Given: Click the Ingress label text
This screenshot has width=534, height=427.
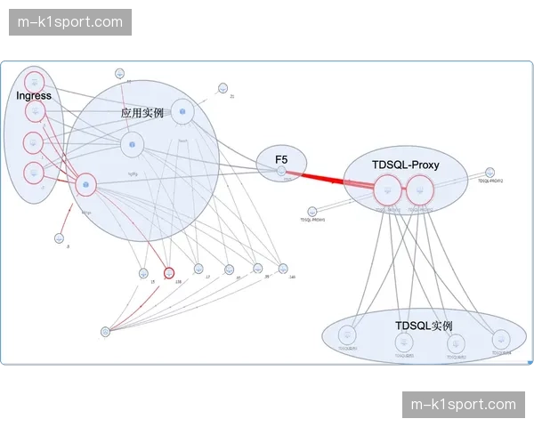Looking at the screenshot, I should (x=34, y=95).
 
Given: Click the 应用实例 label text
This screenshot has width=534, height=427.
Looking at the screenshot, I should (x=142, y=114).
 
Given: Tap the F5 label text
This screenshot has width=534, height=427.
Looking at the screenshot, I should (x=281, y=159).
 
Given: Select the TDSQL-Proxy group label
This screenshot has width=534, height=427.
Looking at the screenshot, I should (x=405, y=165).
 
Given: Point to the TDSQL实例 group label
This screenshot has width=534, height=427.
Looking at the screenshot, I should (x=424, y=326).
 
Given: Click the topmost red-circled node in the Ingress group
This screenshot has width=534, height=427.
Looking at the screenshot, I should (x=35, y=79).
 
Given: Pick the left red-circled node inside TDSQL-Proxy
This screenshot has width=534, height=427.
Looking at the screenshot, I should (x=388, y=189).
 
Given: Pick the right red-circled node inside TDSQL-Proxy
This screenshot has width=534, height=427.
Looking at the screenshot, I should (x=419, y=189).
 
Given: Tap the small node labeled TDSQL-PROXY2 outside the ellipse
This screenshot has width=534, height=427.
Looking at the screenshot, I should (x=489, y=172).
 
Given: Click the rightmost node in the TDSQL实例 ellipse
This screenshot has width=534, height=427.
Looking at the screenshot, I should (x=501, y=338).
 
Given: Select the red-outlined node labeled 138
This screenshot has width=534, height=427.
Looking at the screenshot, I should (x=169, y=273).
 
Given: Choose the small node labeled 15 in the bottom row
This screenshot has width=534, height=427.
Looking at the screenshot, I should (x=143, y=273).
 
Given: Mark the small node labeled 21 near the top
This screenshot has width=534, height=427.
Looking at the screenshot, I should (x=222, y=88).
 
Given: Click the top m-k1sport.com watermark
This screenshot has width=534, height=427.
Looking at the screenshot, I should (x=71, y=21).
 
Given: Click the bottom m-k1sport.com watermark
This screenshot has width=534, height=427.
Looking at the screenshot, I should (x=463, y=405).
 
